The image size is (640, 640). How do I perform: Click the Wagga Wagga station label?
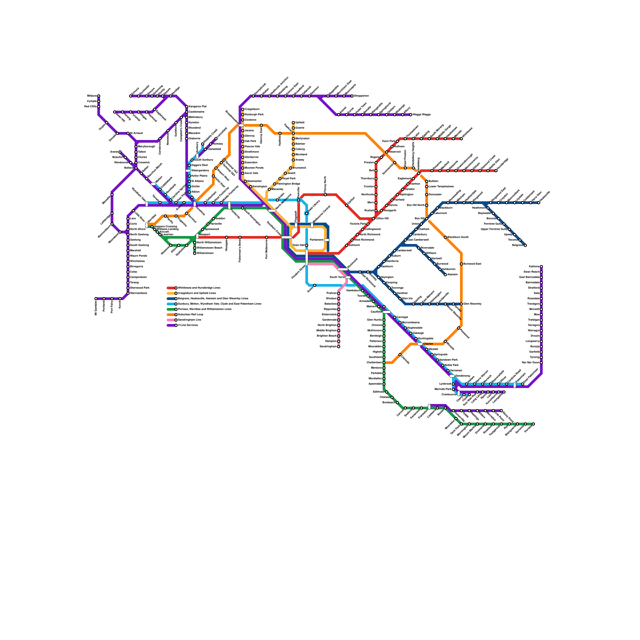422,115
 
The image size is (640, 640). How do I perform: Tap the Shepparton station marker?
352,96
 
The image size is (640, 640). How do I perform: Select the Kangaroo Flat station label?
198,107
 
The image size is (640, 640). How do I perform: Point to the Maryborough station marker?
136,147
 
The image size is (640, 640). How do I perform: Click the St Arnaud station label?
136,133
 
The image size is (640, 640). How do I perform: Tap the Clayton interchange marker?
419,344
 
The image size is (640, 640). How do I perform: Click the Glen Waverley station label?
472,304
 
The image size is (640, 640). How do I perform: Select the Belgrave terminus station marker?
525,245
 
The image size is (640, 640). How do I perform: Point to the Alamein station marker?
445,275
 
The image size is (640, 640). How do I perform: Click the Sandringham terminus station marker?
338,347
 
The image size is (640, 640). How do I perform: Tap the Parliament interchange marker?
326,240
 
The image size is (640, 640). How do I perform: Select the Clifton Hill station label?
382,219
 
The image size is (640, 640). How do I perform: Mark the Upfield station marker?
293,123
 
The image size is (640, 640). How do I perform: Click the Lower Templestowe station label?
441,187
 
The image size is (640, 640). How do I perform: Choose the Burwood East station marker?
461,264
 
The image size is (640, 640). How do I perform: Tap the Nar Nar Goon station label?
530,363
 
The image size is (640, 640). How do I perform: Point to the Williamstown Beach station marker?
195,248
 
